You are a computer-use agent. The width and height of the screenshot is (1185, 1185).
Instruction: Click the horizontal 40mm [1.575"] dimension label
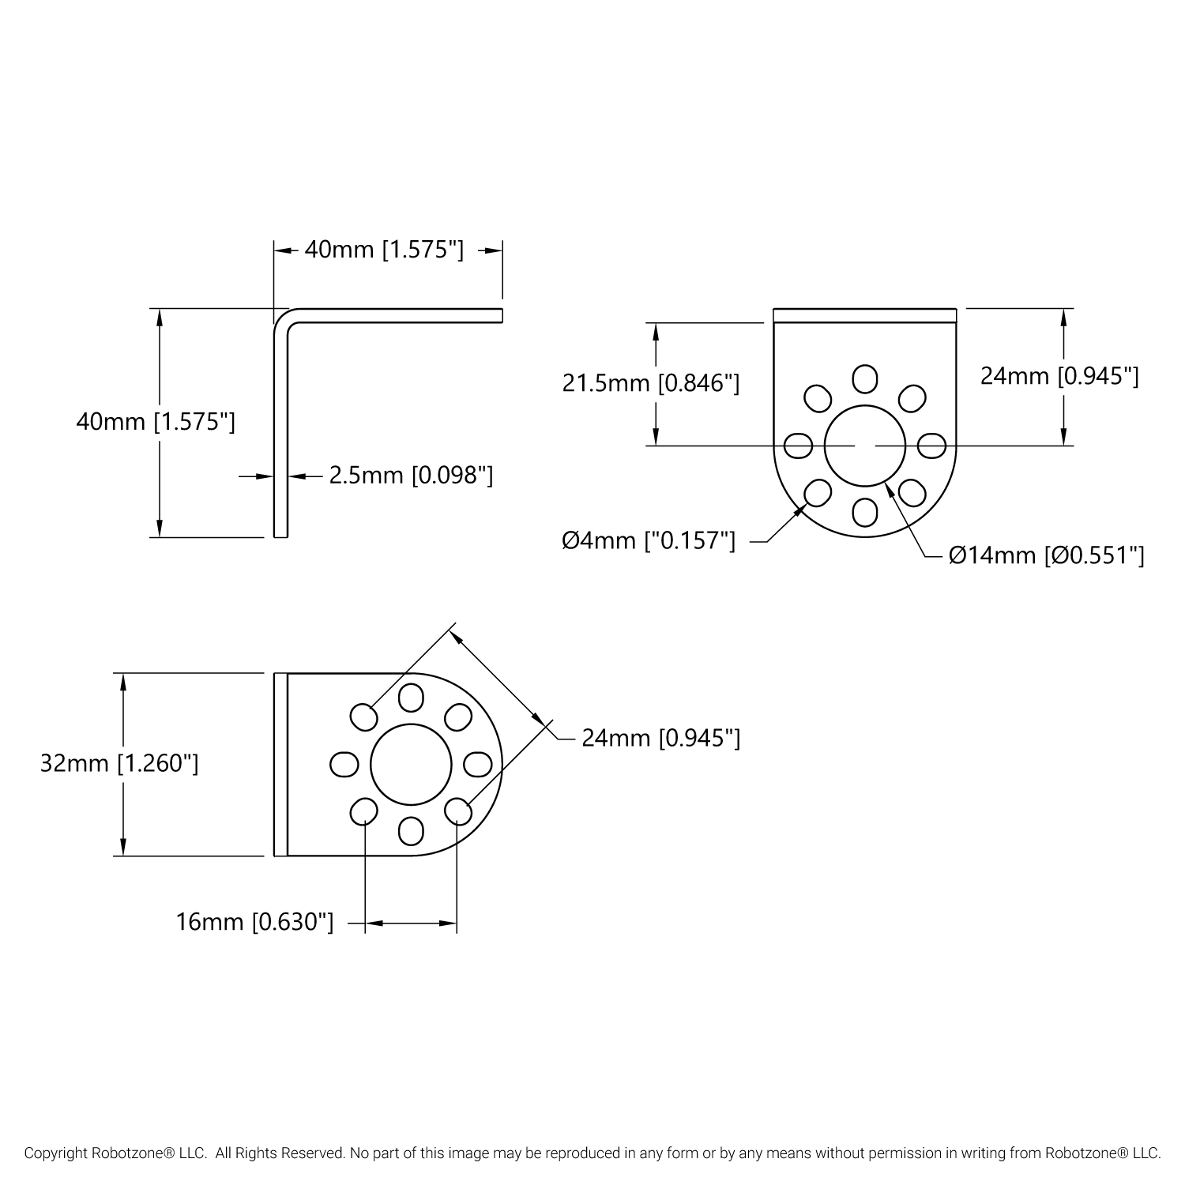[x=384, y=250]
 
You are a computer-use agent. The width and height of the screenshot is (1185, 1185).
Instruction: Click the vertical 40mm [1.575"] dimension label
[x=156, y=421]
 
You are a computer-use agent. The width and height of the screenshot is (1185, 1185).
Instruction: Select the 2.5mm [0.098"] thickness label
[x=411, y=475]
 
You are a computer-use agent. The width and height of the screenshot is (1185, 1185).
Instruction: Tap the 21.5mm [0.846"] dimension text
[x=650, y=383]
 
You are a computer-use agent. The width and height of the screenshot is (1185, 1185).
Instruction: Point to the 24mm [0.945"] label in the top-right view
[x=1059, y=376]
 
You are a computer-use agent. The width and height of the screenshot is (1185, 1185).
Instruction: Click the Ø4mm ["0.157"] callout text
[x=649, y=540]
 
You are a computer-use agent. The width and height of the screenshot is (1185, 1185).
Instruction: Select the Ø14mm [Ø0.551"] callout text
[x=1046, y=555]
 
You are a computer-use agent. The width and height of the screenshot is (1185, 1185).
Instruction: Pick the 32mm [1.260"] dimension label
[x=119, y=763]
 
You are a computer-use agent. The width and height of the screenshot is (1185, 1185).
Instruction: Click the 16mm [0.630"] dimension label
[x=254, y=922]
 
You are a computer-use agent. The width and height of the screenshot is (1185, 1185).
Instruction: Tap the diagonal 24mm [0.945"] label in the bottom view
[x=660, y=738]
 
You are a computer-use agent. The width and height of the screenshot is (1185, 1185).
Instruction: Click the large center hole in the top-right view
[x=865, y=446]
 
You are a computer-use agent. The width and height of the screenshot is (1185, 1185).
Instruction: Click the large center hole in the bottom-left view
[x=411, y=764]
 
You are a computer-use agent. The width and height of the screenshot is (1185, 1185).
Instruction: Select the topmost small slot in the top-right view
[x=865, y=378]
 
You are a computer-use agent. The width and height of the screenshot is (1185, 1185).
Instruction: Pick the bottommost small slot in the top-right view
[x=865, y=513]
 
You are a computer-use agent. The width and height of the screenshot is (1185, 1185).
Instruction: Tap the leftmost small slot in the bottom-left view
[x=343, y=764]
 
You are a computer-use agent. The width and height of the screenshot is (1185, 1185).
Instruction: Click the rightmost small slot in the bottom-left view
[x=478, y=764]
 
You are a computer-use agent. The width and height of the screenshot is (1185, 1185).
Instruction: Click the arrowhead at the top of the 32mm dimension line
[x=122, y=681]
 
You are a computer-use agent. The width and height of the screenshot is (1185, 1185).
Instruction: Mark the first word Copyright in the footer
[x=55, y=1153]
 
